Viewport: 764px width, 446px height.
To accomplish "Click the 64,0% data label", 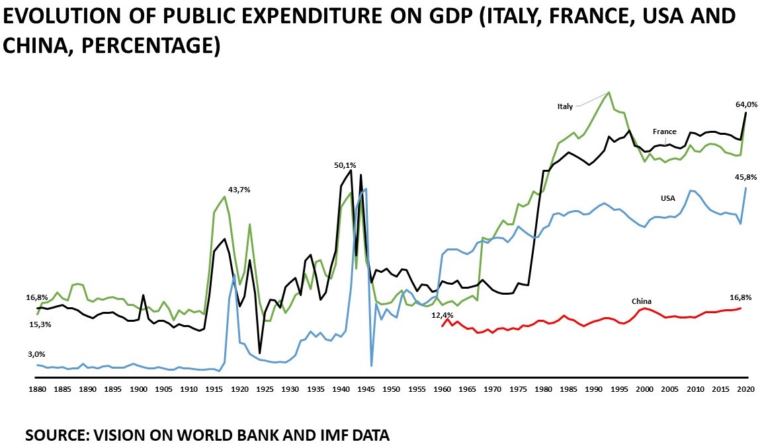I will tap(746, 104).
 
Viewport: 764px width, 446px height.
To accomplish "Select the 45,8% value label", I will tap(746, 177).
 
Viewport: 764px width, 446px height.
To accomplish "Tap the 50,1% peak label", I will tap(345, 165).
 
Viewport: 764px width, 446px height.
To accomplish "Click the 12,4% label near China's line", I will tap(442, 315).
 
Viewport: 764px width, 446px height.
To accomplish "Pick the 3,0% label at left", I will tap(36, 354).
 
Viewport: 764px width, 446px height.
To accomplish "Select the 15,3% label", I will tap(40, 324).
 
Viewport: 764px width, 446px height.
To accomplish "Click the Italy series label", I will tap(564, 106).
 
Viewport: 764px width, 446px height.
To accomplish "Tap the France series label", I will tap(664, 131).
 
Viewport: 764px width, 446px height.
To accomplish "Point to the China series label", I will tap(641, 301).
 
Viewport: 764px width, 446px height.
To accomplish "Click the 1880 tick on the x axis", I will tap(37, 390).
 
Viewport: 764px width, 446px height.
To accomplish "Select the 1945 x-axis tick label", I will tap(366, 390).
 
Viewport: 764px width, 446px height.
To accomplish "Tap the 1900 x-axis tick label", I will tap(138, 390).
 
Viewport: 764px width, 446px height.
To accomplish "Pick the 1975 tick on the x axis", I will tap(517, 390).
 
